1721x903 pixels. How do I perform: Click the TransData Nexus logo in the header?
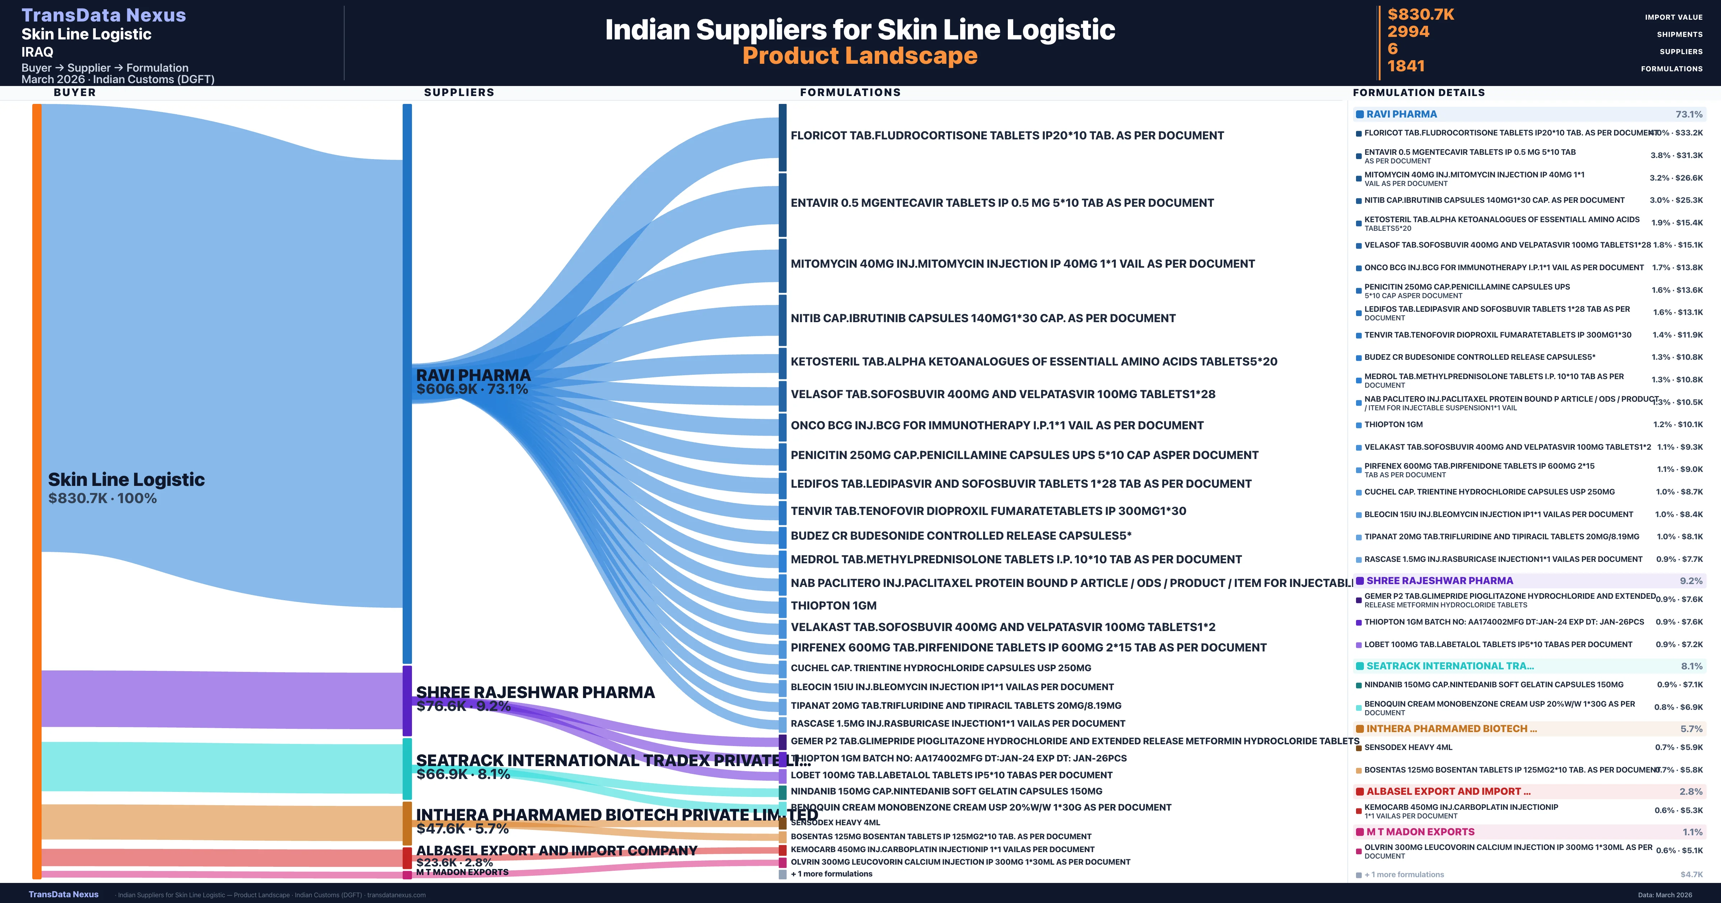pos(104,15)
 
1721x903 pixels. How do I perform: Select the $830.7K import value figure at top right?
pos(1420,14)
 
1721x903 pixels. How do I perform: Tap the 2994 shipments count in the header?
pos(1408,32)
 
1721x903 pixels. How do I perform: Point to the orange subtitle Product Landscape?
pos(860,56)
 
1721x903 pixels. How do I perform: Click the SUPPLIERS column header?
pos(459,92)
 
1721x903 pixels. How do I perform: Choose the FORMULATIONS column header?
pos(850,92)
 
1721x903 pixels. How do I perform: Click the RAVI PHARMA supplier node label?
pos(473,376)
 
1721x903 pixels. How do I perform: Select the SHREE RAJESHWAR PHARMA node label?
pos(535,692)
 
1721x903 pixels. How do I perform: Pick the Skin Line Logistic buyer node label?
pos(126,479)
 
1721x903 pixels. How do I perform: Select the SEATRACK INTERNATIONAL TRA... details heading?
pos(1450,666)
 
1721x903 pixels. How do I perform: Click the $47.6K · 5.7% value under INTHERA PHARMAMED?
pos(462,829)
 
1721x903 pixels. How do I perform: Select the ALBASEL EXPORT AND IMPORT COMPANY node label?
pos(556,850)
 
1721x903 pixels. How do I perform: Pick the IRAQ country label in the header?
pos(37,52)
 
